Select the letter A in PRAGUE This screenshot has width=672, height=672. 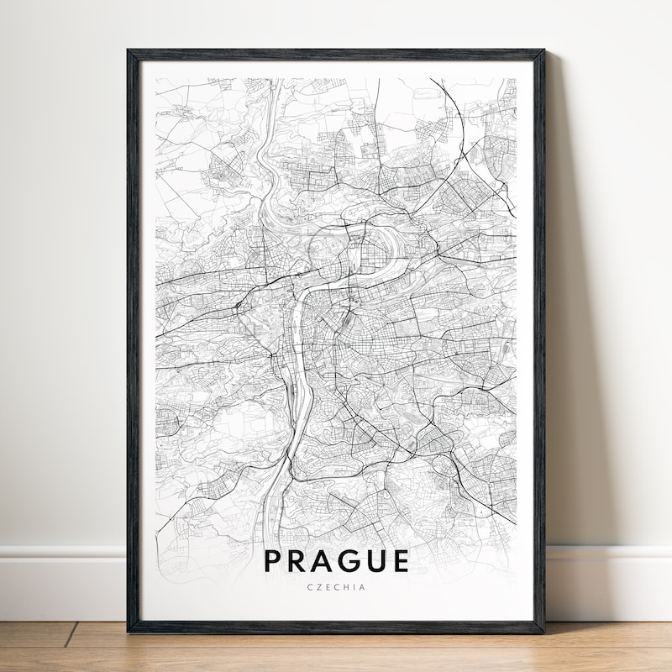click(326, 560)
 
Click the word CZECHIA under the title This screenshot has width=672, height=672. click(336, 587)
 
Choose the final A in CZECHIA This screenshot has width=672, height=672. click(363, 587)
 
